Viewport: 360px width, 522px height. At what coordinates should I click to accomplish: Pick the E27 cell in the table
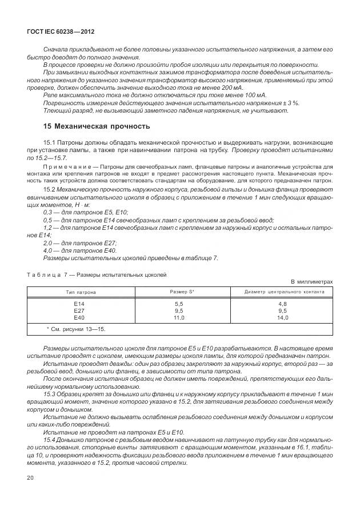[79, 311]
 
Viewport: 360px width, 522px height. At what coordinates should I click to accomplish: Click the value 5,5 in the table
[178, 304]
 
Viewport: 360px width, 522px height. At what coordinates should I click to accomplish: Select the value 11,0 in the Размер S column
[178, 318]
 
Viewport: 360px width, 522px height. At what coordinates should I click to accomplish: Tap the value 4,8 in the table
[282, 304]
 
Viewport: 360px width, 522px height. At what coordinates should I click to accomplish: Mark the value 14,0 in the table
[282, 318]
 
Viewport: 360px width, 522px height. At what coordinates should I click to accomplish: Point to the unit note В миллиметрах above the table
[311, 281]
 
